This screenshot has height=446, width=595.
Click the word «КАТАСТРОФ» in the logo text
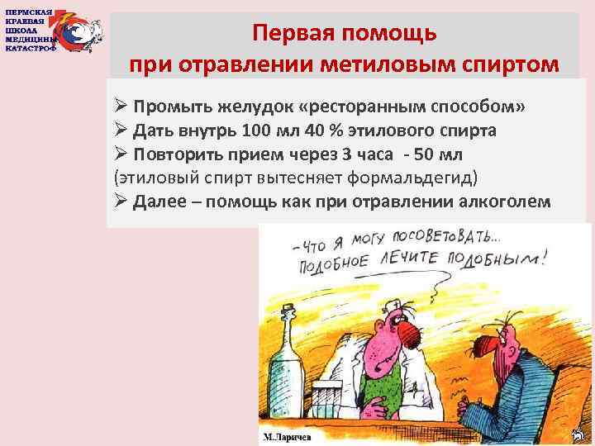coord(31,48)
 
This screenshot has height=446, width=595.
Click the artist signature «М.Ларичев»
coord(288,434)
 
